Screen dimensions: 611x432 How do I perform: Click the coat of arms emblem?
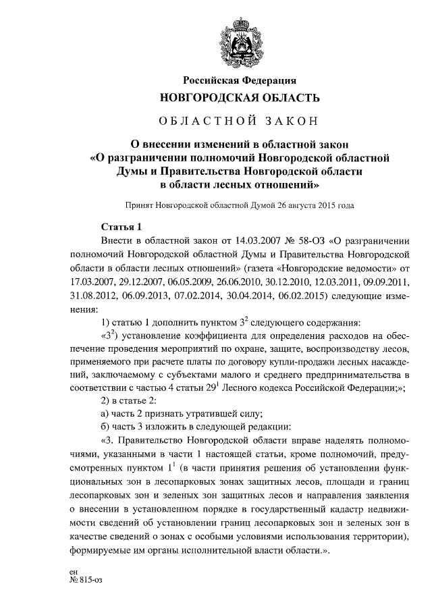pyautogui.click(x=239, y=43)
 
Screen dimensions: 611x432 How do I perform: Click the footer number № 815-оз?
pyautogui.click(x=80, y=579)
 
